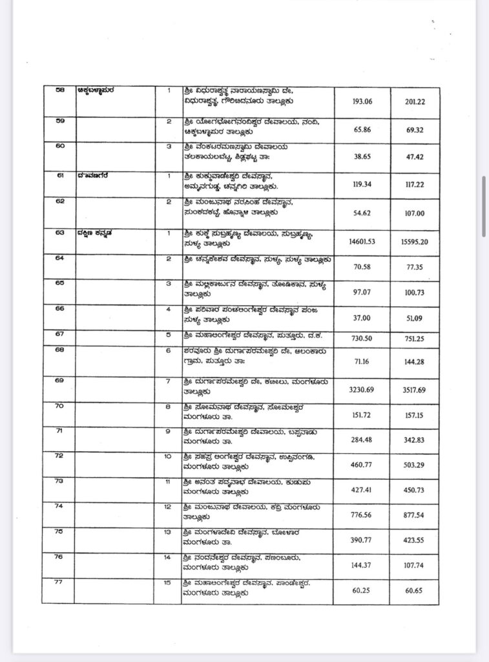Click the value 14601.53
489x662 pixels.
[362, 241]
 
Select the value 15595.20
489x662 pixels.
[414, 241]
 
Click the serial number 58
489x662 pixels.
[59, 91]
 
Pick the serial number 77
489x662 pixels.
[59, 582]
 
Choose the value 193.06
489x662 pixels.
[362, 101]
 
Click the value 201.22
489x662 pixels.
[414, 101]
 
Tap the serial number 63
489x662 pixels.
[59, 233]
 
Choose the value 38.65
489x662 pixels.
[362, 156]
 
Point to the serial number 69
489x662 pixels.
[59, 381]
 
